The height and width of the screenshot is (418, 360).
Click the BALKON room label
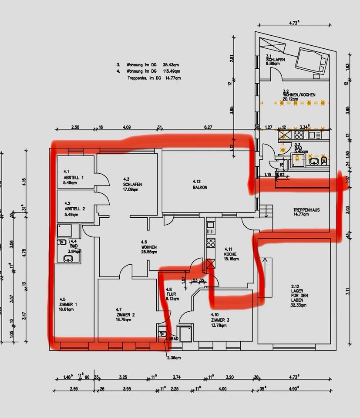pos(200,187)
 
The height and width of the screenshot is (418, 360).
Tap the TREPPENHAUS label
pos(306,210)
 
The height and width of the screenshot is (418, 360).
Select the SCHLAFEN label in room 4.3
pos(132,184)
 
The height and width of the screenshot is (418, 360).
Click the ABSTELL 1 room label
pos(74,178)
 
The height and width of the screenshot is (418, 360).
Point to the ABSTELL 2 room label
pos(74,209)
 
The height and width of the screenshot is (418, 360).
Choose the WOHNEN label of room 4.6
pos(148,247)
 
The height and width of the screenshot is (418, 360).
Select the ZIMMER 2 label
pos(125,314)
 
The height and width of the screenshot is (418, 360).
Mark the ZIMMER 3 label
pos(220,320)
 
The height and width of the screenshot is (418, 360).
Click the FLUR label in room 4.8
pos(171,294)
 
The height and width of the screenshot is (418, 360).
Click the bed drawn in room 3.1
pos(312,61)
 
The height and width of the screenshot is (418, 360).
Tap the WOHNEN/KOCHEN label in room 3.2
pos(299,94)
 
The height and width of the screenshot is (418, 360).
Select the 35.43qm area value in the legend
pos(171,64)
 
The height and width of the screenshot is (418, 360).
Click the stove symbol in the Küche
pos(211,242)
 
